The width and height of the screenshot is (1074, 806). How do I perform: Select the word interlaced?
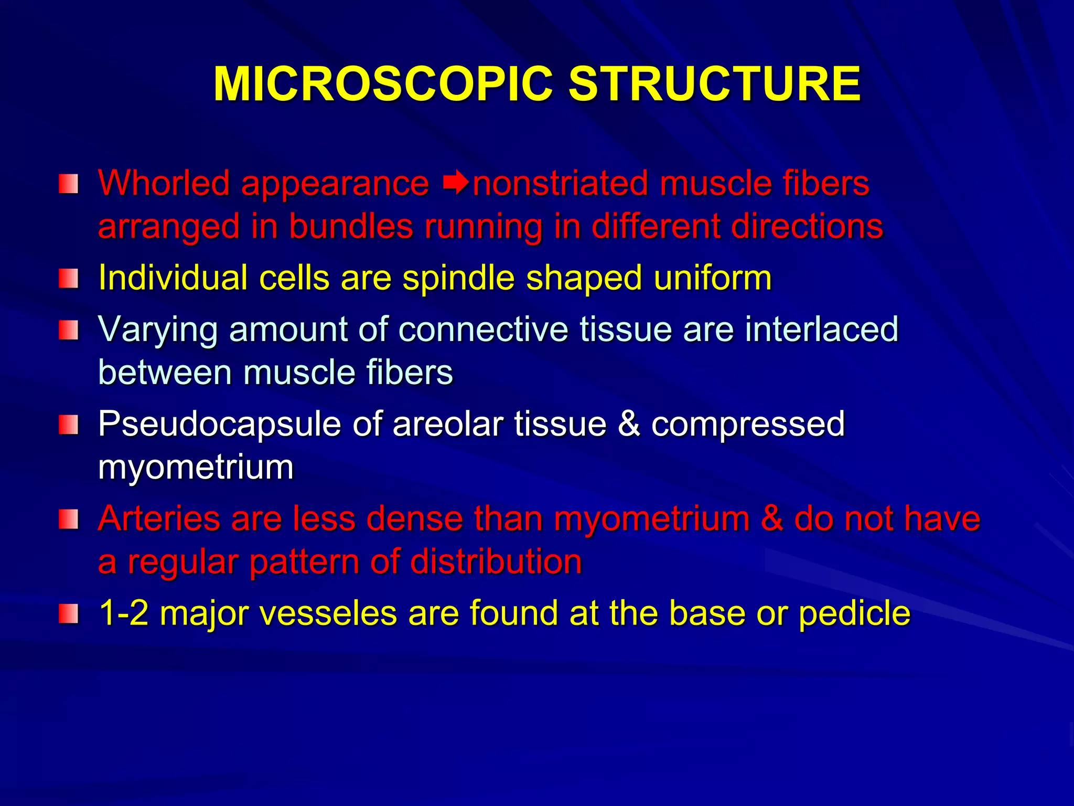pyautogui.click(x=821, y=330)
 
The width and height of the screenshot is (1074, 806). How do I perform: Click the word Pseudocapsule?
pyautogui.click(x=219, y=424)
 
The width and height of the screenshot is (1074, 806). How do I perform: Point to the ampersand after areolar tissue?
pyautogui.click(x=628, y=424)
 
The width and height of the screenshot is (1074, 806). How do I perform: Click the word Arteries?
pyautogui.click(x=159, y=518)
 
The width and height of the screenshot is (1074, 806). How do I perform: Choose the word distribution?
pyautogui.click(x=496, y=561)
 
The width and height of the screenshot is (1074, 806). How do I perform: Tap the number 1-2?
pyautogui.click(x=124, y=613)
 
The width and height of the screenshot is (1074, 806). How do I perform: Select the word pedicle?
pyautogui.click(x=854, y=613)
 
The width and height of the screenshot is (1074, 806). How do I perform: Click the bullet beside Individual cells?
pyautogui.click(x=68, y=278)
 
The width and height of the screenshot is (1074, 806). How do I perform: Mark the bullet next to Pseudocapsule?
pyautogui.click(x=68, y=425)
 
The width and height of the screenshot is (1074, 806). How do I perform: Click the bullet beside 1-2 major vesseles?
pyautogui.click(x=68, y=613)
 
